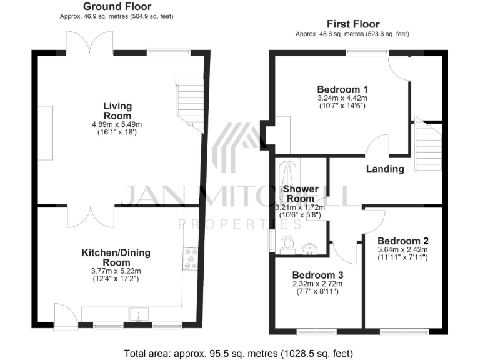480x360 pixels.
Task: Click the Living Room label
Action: (x=117, y=111)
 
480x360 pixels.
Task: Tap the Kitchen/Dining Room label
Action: (x=116, y=257)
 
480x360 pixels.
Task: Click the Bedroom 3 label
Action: (x=317, y=274)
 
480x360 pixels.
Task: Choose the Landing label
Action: (x=385, y=169)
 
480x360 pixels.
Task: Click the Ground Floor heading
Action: (x=118, y=6)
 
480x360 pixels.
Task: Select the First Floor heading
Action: (x=352, y=24)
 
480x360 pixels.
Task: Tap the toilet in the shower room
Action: (x=289, y=242)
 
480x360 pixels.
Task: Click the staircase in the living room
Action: (x=189, y=105)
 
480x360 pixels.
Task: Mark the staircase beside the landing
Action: (x=428, y=147)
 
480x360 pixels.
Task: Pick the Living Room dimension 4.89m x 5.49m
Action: (x=117, y=124)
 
